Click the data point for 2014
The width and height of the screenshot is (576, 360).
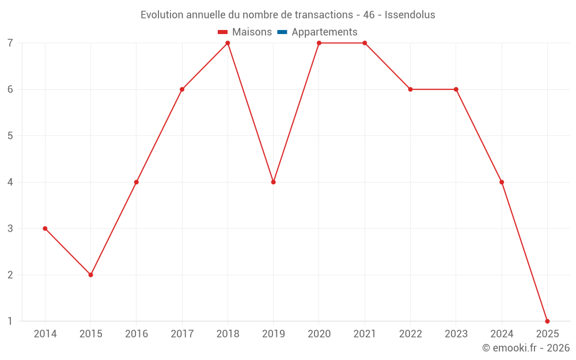tap(45, 229)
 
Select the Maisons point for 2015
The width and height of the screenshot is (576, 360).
tap(90, 275)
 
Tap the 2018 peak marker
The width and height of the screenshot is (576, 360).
tap(228, 43)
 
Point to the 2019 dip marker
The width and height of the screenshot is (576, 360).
tap(273, 182)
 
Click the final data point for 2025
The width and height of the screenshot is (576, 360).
tap(547, 321)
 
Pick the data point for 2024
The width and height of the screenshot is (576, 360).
tap(502, 182)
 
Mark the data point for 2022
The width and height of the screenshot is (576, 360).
tap(410, 89)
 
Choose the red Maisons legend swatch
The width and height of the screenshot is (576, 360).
tap(223, 32)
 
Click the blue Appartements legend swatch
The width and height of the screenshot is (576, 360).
tap(282, 32)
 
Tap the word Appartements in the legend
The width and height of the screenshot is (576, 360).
tap(324, 32)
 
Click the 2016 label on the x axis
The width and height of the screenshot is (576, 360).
tap(137, 334)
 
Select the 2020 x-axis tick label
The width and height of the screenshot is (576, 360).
tap(319, 334)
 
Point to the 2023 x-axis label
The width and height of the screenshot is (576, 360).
tap(456, 334)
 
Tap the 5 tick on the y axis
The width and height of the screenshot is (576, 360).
tap(10, 136)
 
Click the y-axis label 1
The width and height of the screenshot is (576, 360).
tap(10, 321)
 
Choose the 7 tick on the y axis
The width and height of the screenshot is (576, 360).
tap(10, 43)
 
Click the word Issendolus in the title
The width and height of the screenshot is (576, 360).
tap(410, 14)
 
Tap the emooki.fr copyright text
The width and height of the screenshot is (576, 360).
tap(526, 348)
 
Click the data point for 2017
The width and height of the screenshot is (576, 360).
tap(182, 89)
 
